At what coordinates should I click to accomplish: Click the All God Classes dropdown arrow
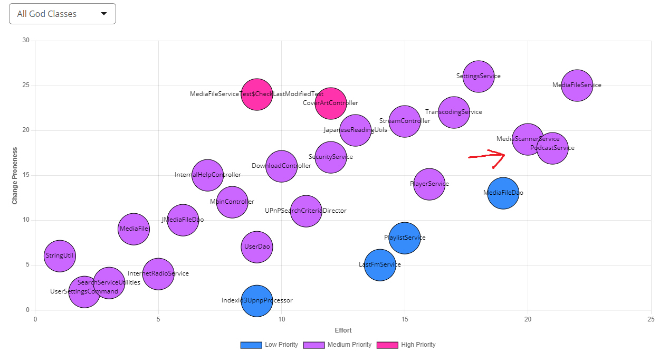pyautogui.click(x=104, y=14)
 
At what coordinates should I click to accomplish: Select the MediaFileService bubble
pyautogui.click(x=577, y=85)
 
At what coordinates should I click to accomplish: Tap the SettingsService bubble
pyautogui.click(x=478, y=76)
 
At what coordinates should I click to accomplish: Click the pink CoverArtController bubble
pyautogui.click(x=330, y=103)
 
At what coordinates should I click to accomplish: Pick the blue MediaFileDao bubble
pyautogui.click(x=503, y=193)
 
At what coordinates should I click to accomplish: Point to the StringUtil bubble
pyautogui.click(x=60, y=256)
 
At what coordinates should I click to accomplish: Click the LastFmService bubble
pyautogui.click(x=379, y=265)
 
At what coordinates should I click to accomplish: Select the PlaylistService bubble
pyautogui.click(x=404, y=238)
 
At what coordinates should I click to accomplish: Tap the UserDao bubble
pyautogui.click(x=256, y=247)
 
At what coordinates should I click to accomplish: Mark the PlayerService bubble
pyautogui.click(x=429, y=184)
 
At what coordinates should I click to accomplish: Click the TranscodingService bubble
pyautogui.click(x=453, y=112)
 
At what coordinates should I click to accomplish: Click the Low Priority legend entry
pyautogui.click(x=269, y=345)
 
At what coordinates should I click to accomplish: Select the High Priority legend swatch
pyautogui.click(x=386, y=345)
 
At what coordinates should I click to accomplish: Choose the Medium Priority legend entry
pyautogui.click(x=338, y=345)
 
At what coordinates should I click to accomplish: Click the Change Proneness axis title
pyautogui.click(x=15, y=176)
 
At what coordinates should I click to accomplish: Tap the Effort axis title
pyautogui.click(x=343, y=330)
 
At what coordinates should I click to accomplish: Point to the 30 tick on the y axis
pyautogui.click(x=26, y=41)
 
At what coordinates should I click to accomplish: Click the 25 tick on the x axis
pyautogui.click(x=651, y=319)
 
